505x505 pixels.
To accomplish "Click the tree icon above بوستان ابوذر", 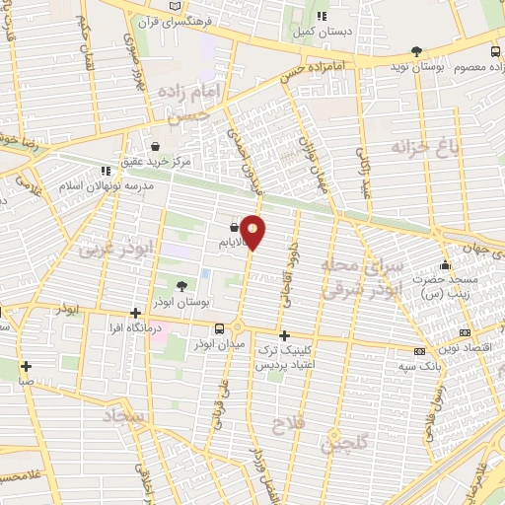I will coord(180,287).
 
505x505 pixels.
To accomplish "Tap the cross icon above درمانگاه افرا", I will coord(136,312).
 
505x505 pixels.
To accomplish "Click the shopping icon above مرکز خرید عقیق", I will coord(150,144).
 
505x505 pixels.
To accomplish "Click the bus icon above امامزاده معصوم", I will coord(495,50).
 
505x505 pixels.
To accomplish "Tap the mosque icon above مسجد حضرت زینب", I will coord(446,264).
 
